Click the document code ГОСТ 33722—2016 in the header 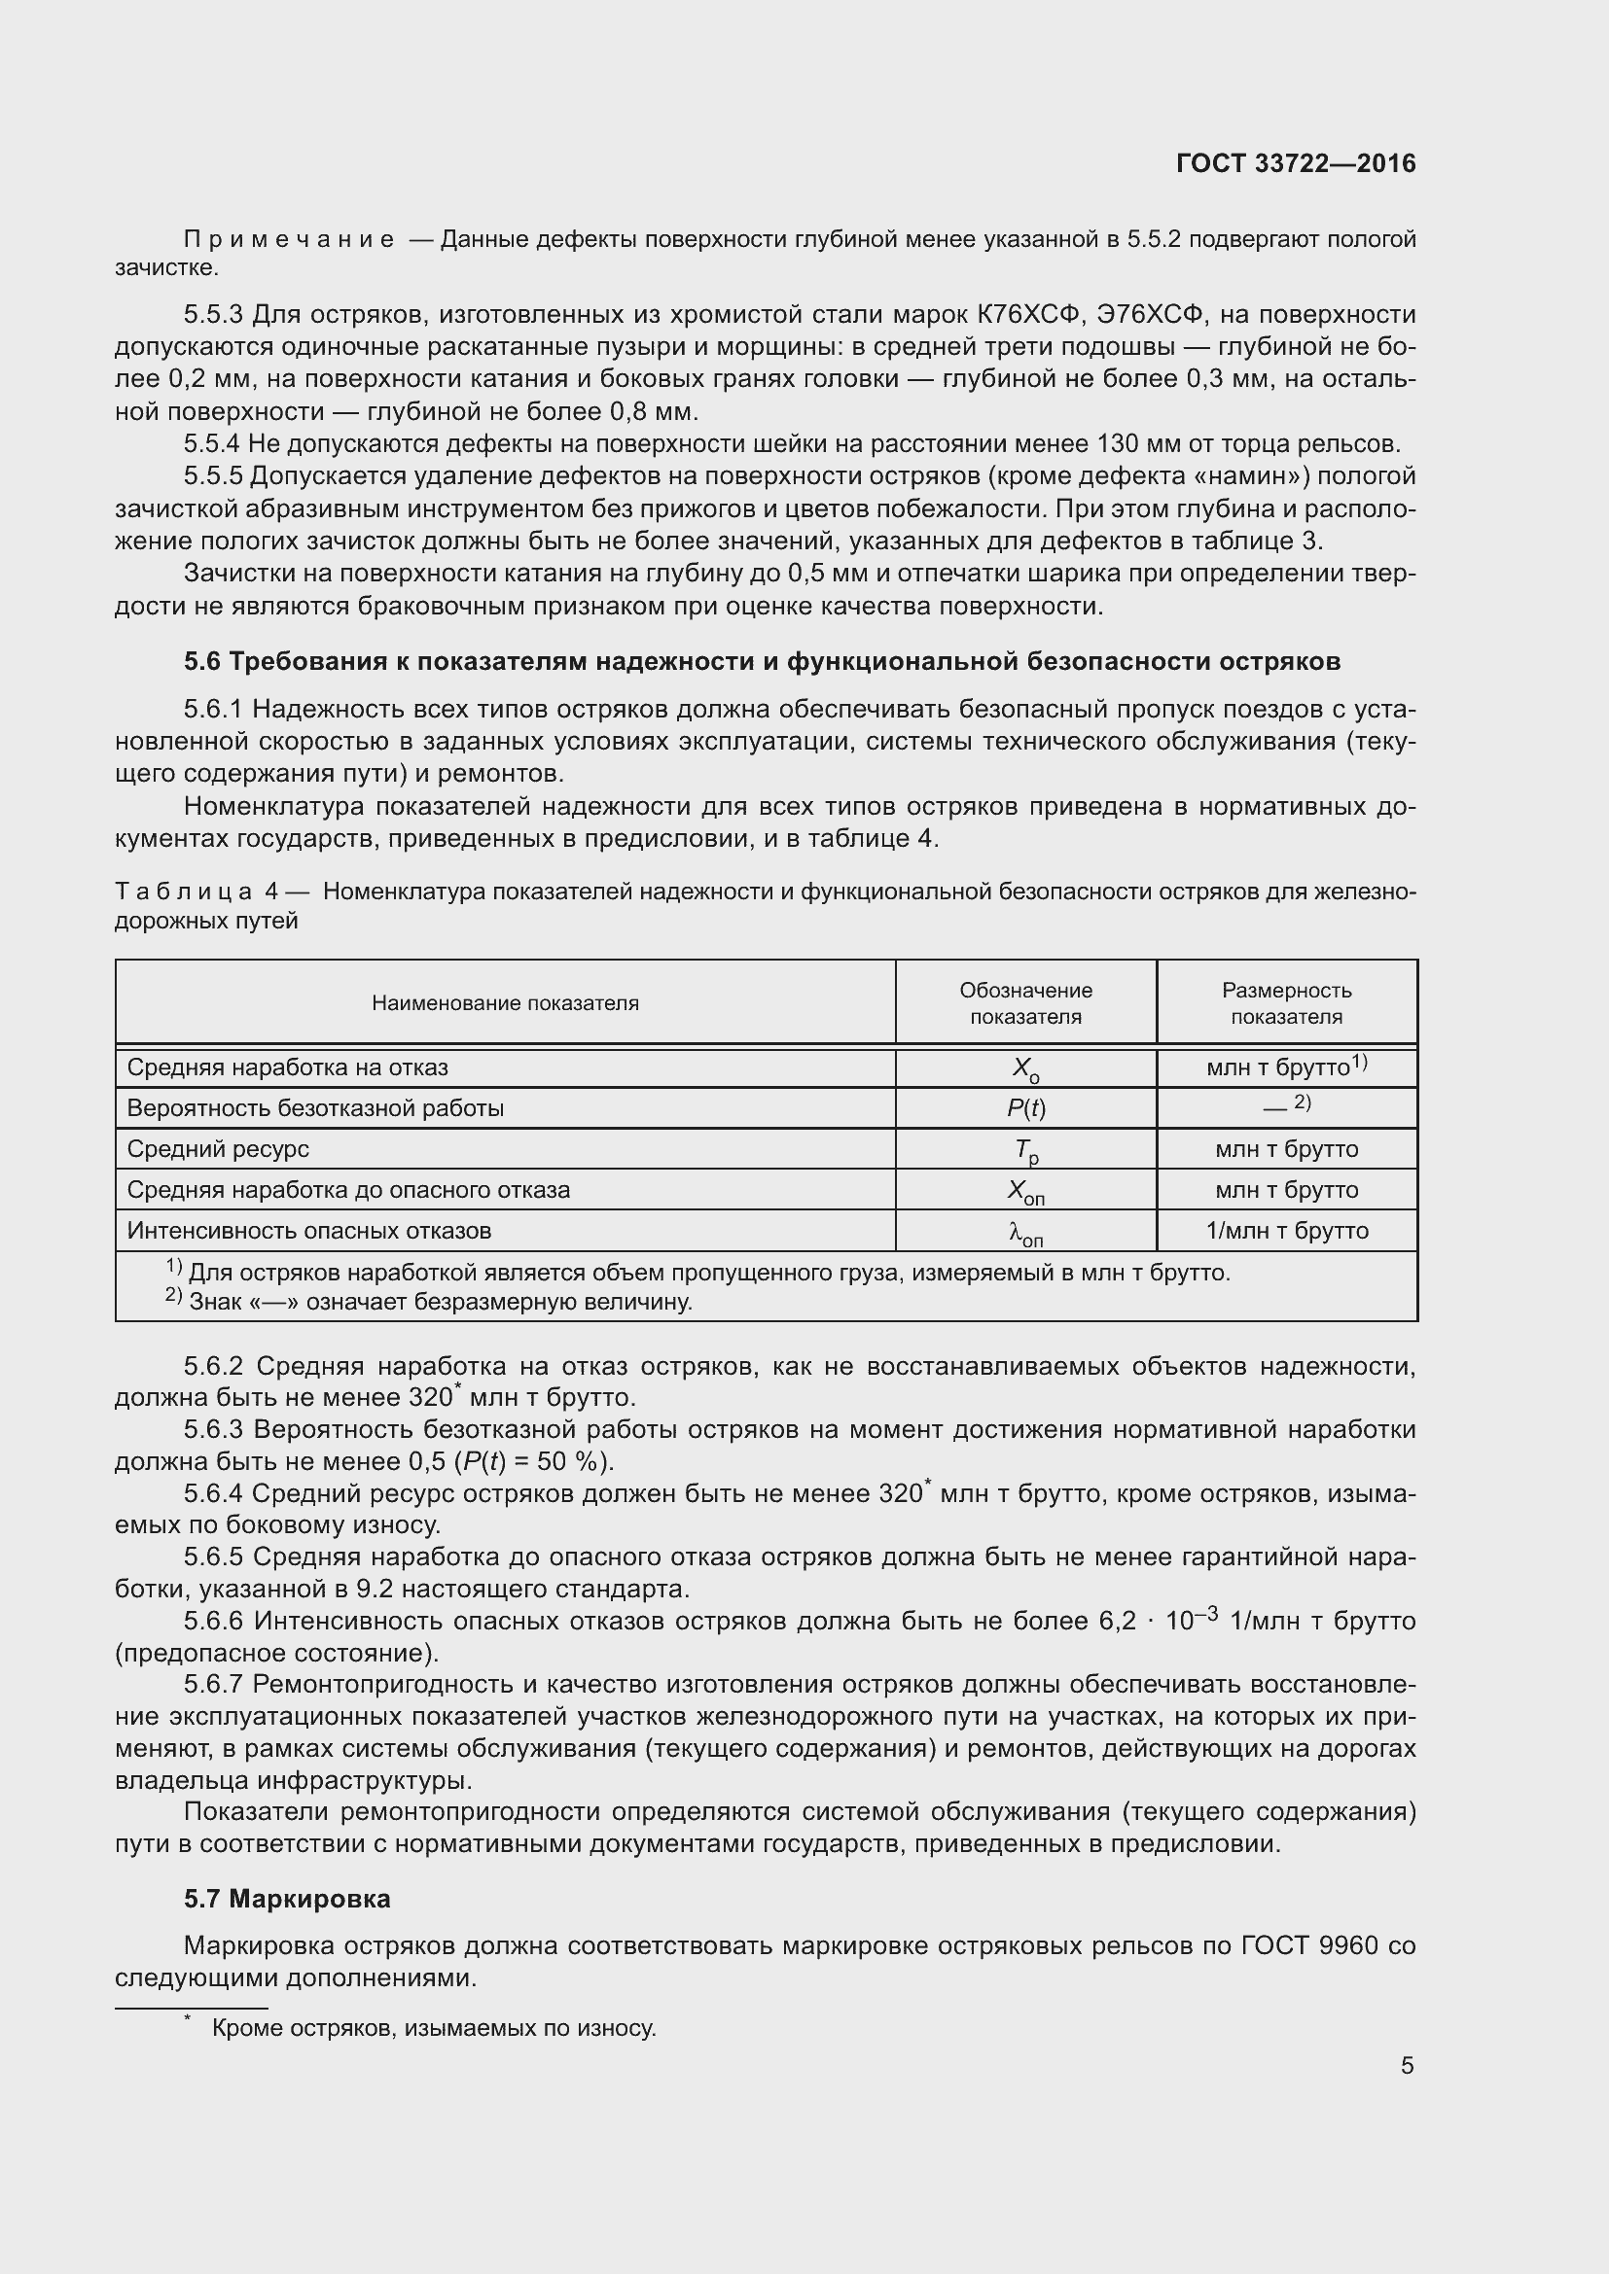[1295, 163]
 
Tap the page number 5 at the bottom [1407, 2065]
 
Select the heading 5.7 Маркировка [287, 1899]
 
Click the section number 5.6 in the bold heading [203, 660]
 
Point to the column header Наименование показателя [505, 1002]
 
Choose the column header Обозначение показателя [1025, 1002]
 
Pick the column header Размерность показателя [1286, 1002]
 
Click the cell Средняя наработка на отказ [287, 1067]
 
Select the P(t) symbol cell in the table [1025, 1108]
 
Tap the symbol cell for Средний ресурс [1025, 1150]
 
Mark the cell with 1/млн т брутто [1286, 1231]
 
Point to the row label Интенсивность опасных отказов [309, 1231]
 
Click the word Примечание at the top [288, 240]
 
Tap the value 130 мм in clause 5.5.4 [1132, 443]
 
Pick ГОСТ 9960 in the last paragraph [1308, 1946]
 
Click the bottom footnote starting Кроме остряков [433, 2028]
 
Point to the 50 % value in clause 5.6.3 [571, 1462]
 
